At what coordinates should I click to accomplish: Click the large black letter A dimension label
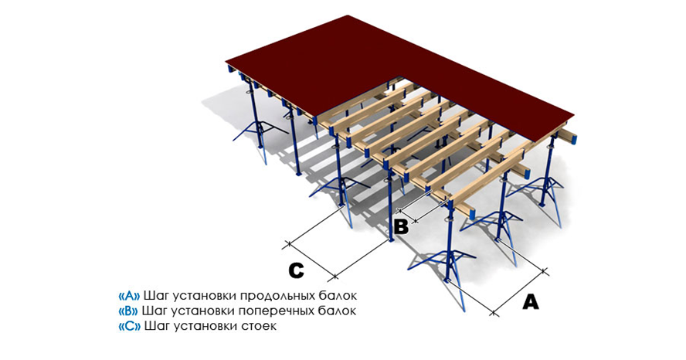coord(530,301)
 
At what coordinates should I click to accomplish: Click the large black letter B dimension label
coord(401,226)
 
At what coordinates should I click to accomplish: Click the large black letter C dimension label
coord(297,270)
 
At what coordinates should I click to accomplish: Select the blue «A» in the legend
coord(128,296)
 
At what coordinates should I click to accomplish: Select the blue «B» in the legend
coord(128,311)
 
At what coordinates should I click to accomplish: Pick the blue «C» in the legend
coord(128,326)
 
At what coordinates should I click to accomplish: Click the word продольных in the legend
coord(278,296)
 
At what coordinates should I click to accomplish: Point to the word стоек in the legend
coord(260,326)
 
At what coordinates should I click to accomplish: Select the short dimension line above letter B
coord(421,205)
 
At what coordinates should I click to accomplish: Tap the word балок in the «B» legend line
coord(339,311)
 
